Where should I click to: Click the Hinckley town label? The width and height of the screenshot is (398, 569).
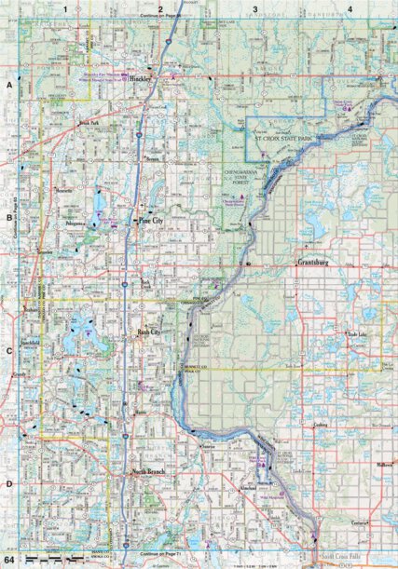pyautogui.click(x=141, y=81)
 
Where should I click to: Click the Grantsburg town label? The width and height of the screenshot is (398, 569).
pyautogui.click(x=314, y=263)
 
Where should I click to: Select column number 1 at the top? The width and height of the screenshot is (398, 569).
pyautogui.click(x=66, y=8)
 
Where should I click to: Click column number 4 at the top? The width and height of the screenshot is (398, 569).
pyautogui.click(x=349, y=8)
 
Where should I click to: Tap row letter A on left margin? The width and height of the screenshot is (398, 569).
pyautogui.click(x=7, y=85)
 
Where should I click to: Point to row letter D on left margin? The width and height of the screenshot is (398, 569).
pyautogui.click(x=7, y=483)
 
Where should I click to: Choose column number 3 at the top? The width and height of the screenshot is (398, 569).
pyautogui.click(x=254, y=8)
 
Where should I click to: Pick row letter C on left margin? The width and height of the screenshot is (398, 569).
pyautogui.click(x=7, y=351)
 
